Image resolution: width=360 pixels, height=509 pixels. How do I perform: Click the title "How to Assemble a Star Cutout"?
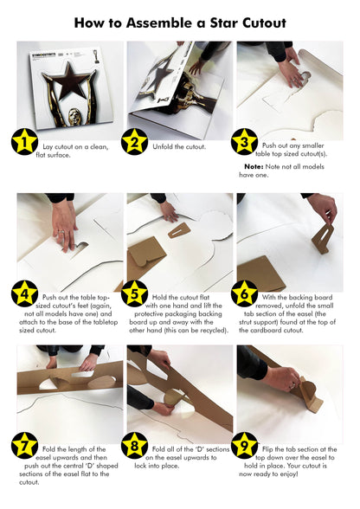point(180,23)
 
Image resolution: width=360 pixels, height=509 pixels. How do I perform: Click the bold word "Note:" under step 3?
point(254,165)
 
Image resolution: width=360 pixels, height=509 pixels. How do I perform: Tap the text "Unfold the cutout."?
point(179,147)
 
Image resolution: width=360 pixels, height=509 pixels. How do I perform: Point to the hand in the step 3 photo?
point(293,73)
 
